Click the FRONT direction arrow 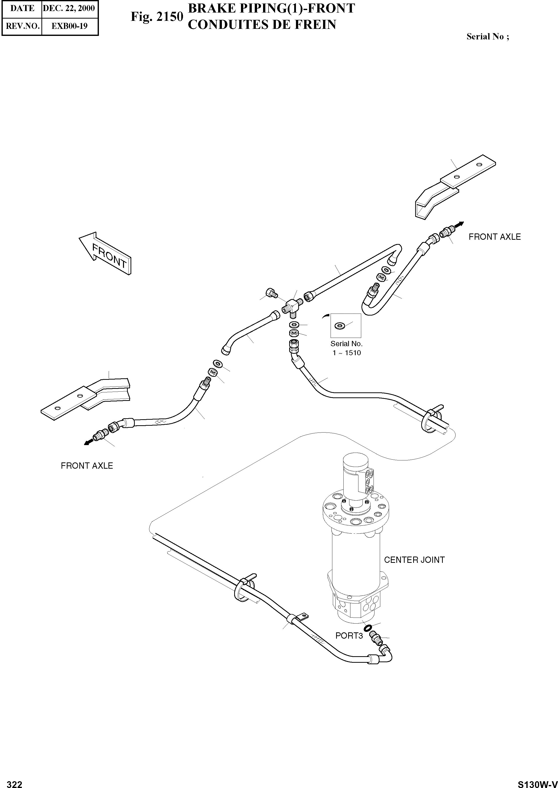[x=105, y=253]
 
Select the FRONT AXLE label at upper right [x=494, y=237]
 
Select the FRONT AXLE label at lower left [x=87, y=466]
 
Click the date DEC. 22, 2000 [x=69, y=8]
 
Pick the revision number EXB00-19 [x=70, y=26]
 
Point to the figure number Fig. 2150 [x=157, y=17]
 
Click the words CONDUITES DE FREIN [x=262, y=25]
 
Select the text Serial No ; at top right [x=487, y=37]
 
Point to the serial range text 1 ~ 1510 [x=346, y=353]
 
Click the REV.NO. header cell [x=22, y=26]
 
